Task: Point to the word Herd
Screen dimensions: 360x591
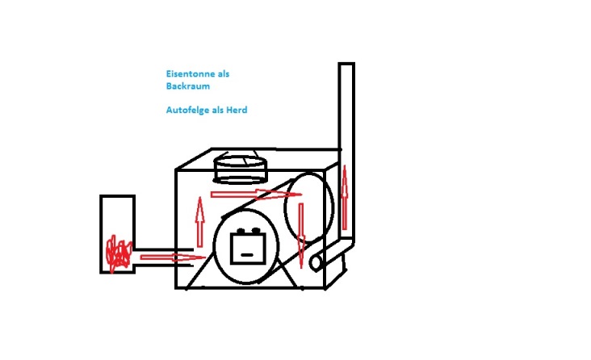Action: tap(236, 110)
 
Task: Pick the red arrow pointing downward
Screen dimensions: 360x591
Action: tap(300, 234)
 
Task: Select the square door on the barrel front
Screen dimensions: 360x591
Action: tap(249, 245)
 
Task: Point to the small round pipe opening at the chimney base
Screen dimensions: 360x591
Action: tap(316, 262)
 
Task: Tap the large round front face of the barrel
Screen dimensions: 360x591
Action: tap(247, 246)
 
